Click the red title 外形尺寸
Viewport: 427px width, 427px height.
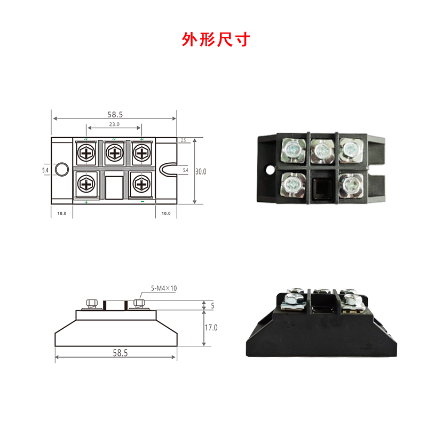[216, 39]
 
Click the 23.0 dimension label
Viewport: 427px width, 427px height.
[114, 124]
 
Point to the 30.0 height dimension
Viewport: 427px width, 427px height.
[201, 171]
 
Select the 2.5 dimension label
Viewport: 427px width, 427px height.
[183, 140]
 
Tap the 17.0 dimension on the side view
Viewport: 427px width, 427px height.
[211, 327]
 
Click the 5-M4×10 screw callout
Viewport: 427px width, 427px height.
[164, 288]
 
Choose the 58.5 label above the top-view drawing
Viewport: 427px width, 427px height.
[115, 114]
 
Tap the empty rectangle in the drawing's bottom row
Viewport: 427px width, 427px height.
[114, 186]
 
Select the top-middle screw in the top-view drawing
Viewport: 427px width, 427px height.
[114, 154]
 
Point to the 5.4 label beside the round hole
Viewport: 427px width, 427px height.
[45, 170]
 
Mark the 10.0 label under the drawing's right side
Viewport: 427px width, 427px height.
[165, 213]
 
